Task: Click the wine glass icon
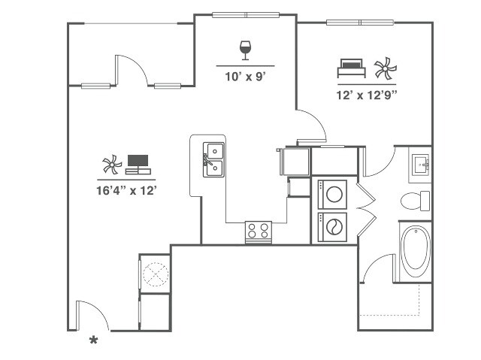click(245, 50)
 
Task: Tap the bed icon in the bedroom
click(351, 68)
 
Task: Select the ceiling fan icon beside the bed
click(385, 68)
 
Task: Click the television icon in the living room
click(138, 165)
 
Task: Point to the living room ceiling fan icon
click(112, 165)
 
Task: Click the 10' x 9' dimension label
click(245, 77)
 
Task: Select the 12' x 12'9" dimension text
click(367, 95)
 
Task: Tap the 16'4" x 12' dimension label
click(126, 191)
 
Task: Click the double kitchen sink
click(213, 159)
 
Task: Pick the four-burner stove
click(259, 231)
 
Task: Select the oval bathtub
click(416, 252)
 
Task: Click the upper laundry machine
click(332, 194)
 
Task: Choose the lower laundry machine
click(332, 227)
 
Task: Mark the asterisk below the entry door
click(93, 340)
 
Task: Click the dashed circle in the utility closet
click(156, 274)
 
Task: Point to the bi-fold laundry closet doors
click(367, 210)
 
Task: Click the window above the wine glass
click(246, 15)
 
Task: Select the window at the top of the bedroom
click(360, 23)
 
